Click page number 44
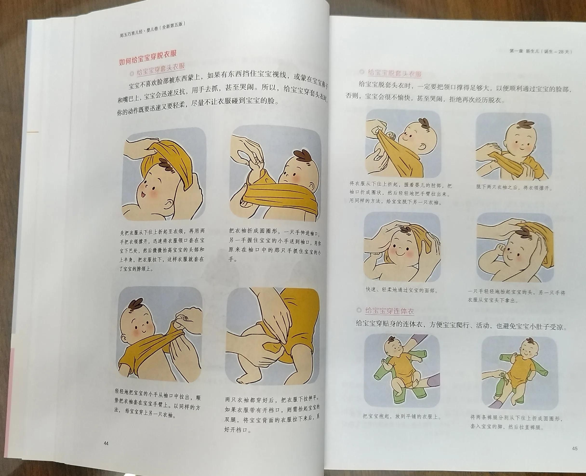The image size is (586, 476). tap(106, 443)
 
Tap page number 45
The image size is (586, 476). tap(575, 449)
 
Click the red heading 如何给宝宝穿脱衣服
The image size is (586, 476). tap(147, 58)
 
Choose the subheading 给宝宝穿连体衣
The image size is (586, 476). tap(389, 311)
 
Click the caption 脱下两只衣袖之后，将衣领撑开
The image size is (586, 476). tap(514, 188)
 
